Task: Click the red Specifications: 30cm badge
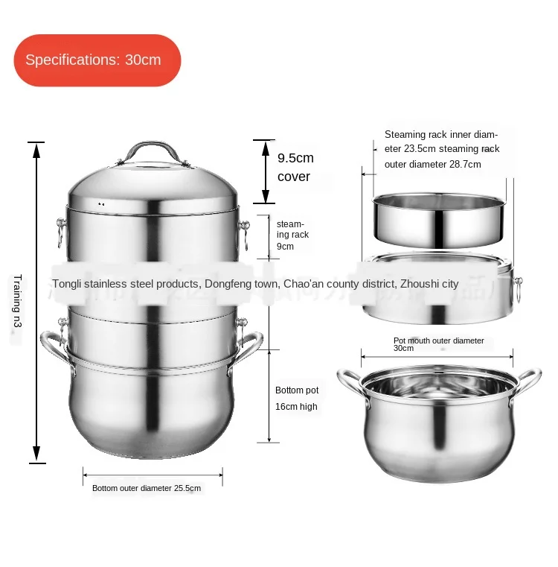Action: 97,60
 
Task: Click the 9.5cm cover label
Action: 295,168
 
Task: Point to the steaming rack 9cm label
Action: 292,235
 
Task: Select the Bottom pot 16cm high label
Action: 297,399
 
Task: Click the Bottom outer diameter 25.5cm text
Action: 147,489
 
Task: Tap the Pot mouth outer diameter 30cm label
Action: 438,344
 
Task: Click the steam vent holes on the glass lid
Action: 101,203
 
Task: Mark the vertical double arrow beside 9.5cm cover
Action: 263,171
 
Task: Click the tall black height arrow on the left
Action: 35,302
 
